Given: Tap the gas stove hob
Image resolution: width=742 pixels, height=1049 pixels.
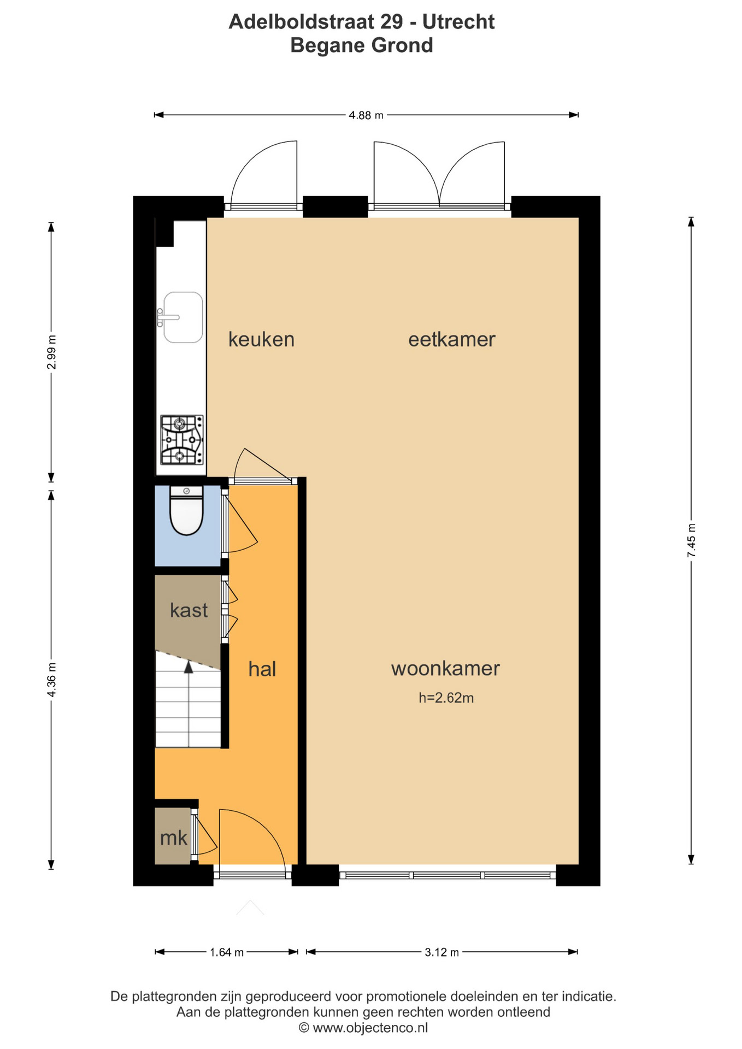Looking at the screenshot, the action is coord(182,440).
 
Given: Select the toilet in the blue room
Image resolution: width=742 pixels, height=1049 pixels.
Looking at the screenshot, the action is coord(186,510).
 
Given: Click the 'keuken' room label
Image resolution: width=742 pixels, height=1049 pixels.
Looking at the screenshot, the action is coord(261,339).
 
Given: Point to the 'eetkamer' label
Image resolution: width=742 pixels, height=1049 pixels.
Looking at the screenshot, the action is coord(452,339).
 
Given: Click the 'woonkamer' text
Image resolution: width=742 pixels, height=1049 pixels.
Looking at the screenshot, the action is coord(445,668).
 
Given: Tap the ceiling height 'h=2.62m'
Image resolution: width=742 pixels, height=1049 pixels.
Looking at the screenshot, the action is coord(446,698).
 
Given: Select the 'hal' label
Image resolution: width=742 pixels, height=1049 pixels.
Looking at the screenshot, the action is coord(262,669).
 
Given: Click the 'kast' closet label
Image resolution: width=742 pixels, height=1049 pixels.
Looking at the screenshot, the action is coord(189,610).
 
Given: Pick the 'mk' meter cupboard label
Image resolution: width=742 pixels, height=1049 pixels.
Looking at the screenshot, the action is coord(174,838).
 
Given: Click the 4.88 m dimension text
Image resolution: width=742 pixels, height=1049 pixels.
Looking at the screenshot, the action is coord(366,115).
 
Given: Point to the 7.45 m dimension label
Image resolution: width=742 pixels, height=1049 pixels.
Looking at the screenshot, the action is coord(692,540).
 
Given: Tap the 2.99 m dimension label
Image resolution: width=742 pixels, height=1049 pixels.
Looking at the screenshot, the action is coord(51,351).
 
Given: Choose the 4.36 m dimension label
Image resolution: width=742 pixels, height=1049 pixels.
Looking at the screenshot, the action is coord(51,679).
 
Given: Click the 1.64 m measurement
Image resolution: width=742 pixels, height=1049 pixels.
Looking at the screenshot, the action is coord(227,952).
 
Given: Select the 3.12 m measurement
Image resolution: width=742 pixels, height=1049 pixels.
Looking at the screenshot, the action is coord(442,952).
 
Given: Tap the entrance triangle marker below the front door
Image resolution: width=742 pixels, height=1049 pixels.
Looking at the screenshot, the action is coord(250,907).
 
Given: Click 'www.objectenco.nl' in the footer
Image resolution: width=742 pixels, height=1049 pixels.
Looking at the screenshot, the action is coord(370,1028).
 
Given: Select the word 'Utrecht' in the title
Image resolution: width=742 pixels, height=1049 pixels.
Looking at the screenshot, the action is coord(458,22).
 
